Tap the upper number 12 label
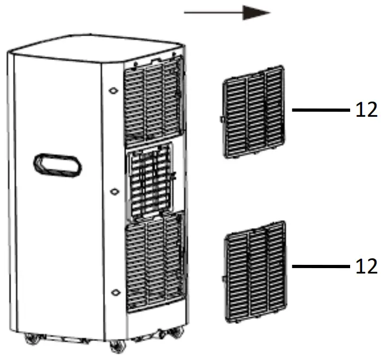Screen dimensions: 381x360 tap(366, 110)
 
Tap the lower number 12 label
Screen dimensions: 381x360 tap(366, 266)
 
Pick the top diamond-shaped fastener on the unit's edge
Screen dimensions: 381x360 tap(113, 91)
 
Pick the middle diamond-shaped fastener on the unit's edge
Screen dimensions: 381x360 tap(113, 192)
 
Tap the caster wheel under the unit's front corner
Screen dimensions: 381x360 tap(115, 346)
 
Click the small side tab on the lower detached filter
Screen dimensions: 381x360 tap(224, 278)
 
